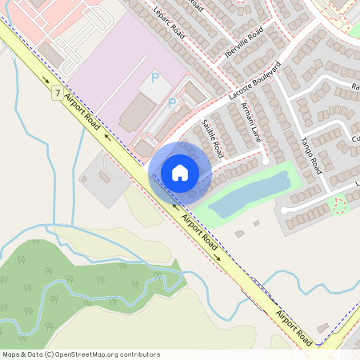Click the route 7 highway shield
[56, 93]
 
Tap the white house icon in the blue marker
[180, 172]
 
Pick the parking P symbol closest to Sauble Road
[172, 103]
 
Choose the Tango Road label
[310, 154]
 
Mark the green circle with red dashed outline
[339, 207]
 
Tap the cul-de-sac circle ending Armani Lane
[265, 162]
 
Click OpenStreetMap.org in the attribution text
[96, 354]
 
